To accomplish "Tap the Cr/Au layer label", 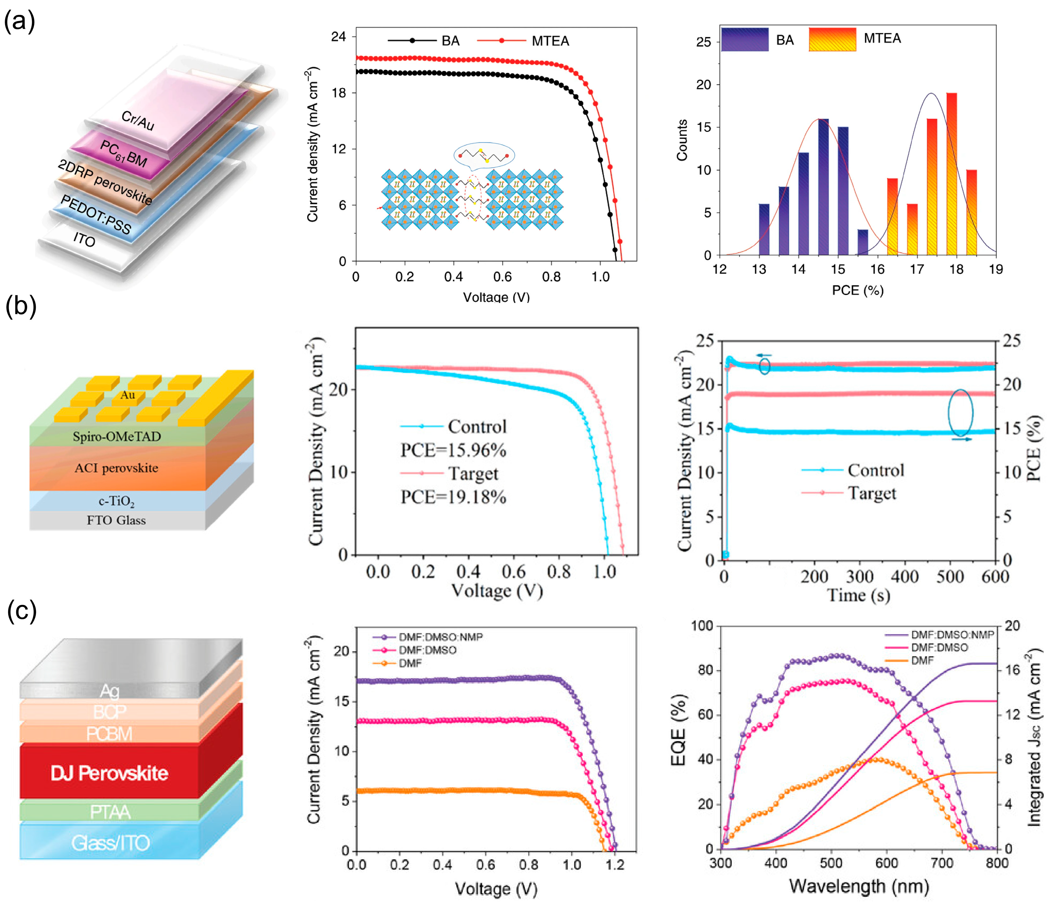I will (137, 120).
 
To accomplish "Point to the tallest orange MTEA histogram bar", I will (951, 173).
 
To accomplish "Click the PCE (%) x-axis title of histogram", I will (858, 291).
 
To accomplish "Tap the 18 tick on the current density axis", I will (338, 93).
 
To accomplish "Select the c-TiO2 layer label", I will (117, 502).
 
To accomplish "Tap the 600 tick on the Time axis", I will (995, 577).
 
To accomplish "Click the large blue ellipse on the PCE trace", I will (960, 413).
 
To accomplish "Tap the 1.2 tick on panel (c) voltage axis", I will (615, 865).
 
